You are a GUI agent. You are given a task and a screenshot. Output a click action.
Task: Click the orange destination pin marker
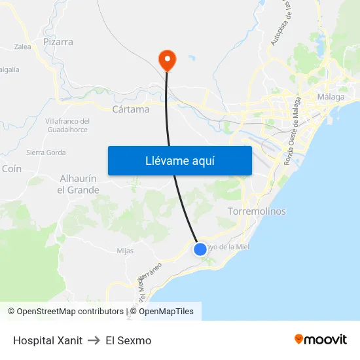coord(168,60)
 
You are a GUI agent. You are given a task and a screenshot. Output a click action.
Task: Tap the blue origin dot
coord(200,249)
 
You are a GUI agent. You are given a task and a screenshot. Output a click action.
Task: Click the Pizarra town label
coord(58,42)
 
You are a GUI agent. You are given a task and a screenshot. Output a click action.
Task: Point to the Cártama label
coord(131,109)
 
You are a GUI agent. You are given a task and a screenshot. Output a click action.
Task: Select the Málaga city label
coord(331,98)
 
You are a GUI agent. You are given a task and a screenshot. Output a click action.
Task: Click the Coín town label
coord(12,168)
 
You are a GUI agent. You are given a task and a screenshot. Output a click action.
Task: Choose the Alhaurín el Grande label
coord(79,184)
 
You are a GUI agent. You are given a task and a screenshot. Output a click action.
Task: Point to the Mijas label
coord(125,251)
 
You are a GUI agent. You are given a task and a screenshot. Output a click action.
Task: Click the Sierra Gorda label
coord(46,153)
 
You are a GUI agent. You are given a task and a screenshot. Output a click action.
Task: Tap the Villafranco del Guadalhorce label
coord(67,126)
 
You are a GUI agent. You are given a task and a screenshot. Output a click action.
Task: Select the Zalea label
coord(23,47)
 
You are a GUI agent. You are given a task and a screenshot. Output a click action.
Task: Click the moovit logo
coord(321,340)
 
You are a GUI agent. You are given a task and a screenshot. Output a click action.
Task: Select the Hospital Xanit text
coord(48,340)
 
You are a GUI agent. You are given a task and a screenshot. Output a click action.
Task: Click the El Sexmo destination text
coord(128,340)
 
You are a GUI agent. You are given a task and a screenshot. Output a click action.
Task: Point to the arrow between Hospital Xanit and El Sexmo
coord(94,340)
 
